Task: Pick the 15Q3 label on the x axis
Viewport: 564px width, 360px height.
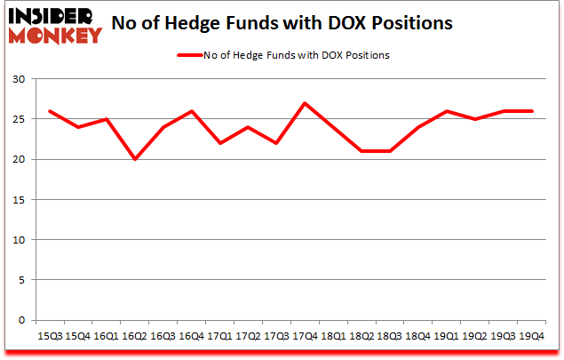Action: tap(50, 336)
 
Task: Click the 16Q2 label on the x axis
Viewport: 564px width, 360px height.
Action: tap(135, 336)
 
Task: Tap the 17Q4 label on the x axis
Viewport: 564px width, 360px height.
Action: tap(306, 336)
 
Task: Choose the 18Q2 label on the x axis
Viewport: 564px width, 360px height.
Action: tap(362, 336)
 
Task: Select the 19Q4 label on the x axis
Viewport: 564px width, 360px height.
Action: tap(532, 336)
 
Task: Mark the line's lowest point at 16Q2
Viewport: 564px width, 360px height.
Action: tap(135, 159)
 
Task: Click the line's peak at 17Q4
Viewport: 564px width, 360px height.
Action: tap(306, 103)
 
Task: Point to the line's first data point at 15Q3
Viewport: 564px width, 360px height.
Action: tap(50, 111)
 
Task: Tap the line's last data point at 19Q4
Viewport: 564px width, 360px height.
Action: tap(532, 111)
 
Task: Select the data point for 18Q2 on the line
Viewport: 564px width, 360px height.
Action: tap(362, 151)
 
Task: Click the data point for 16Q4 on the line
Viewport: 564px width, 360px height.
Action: tap(192, 111)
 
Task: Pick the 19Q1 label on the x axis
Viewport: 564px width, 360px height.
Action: tap(447, 336)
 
